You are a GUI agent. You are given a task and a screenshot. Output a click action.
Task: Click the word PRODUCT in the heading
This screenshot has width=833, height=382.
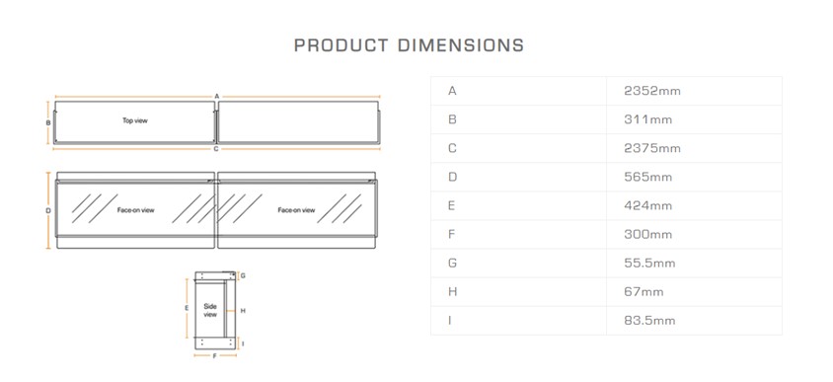[x=341, y=45]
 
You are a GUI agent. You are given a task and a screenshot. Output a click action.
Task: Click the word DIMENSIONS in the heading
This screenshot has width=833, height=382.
[x=461, y=45]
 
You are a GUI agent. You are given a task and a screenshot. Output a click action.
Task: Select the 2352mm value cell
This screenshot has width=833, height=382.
[x=652, y=91]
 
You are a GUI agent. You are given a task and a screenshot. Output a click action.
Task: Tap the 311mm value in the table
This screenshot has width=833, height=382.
[x=648, y=119]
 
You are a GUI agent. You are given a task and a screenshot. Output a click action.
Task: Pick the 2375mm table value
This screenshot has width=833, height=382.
[x=652, y=148]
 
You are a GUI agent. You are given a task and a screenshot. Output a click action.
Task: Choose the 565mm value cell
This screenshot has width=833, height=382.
[x=648, y=177]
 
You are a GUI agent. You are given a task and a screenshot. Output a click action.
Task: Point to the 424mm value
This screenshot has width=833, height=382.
[x=648, y=205]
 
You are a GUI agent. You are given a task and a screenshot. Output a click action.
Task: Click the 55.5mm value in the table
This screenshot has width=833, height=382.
[x=649, y=263]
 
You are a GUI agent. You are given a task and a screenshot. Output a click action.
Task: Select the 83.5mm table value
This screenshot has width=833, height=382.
[x=649, y=321]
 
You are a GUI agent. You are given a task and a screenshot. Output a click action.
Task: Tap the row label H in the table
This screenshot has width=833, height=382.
[x=452, y=291]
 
